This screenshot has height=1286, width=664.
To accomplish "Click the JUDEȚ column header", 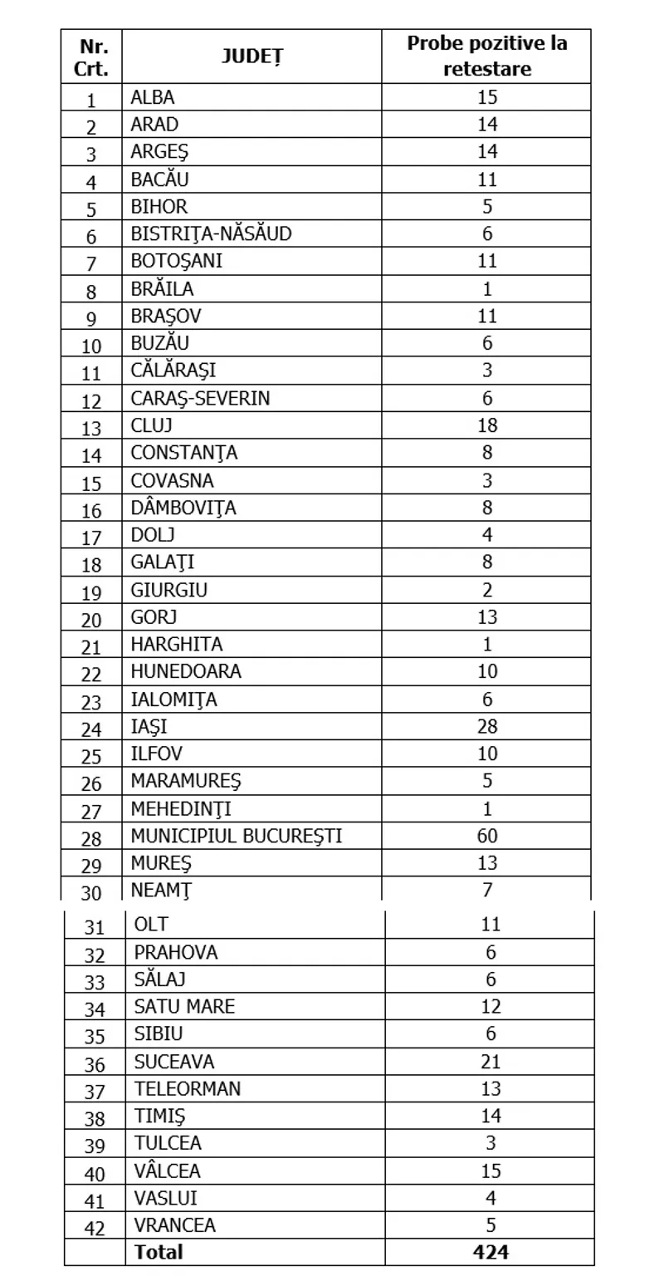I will pyautogui.click(x=252, y=56).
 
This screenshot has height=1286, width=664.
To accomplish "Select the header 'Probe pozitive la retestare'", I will pyautogui.click(x=487, y=56).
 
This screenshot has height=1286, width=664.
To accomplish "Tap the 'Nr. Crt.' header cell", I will pyautogui.click(x=91, y=56).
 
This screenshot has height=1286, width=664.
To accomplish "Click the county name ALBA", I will pyautogui.click(x=153, y=97).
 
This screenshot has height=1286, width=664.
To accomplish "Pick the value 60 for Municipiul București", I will pyautogui.click(x=487, y=836).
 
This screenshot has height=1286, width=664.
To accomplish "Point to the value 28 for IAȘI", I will pyautogui.click(x=487, y=726).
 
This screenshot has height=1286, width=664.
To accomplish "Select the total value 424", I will pyautogui.click(x=491, y=1251).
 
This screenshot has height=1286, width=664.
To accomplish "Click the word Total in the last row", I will pyautogui.click(x=159, y=1251).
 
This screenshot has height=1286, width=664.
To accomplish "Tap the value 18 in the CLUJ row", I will pyautogui.click(x=487, y=425).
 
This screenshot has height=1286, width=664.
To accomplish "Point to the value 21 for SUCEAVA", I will pyautogui.click(x=491, y=1062).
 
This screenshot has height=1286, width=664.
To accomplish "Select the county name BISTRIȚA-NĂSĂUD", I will pyautogui.click(x=212, y=233).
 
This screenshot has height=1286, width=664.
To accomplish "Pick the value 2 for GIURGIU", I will pyautogui.click(x=487, y=590).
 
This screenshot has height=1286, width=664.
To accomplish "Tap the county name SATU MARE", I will pyautogui.click(x=184, y=1007).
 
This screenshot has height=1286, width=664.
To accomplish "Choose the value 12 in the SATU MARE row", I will pyautogui.click(x=491, y=1007).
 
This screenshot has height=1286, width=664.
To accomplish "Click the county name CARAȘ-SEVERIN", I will pyautogui.click(x=200, y=398).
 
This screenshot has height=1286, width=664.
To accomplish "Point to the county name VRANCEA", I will pyautogui.click(x=175, y=1225).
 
